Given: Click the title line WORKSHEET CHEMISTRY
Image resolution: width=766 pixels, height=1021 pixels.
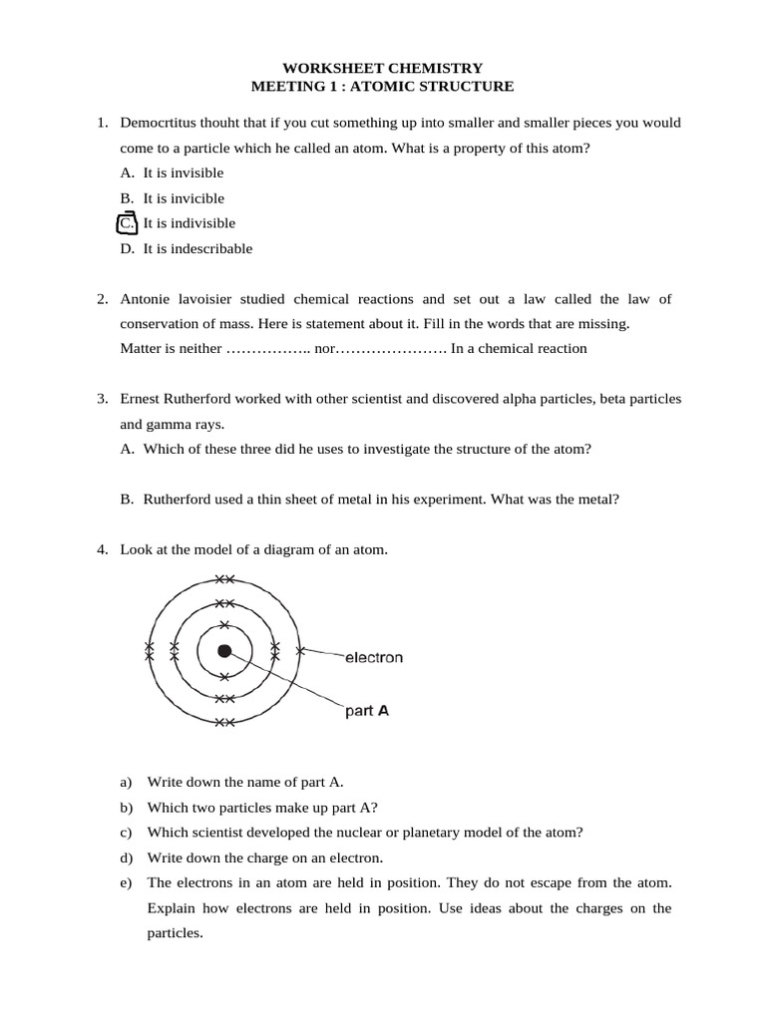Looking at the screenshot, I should click(x=383, y=68).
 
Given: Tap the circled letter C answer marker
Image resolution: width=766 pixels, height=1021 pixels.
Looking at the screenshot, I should click(x=127, y=223).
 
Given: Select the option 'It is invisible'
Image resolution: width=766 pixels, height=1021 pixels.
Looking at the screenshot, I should click(x=184, y=172).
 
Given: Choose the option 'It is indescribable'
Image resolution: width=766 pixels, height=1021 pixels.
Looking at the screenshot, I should click(x=197, y=248).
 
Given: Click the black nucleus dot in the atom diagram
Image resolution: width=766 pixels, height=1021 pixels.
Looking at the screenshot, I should click(x=224, y=651).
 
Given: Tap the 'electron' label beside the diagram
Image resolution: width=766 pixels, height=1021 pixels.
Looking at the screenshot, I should click(x=373, y=658).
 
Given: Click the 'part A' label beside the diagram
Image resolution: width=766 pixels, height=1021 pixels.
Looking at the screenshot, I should click(x=366, y=712).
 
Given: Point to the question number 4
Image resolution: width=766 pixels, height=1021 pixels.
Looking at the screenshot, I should click(x=102, y=549).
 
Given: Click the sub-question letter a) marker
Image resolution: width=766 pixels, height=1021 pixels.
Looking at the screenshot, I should click(x=126, y=782).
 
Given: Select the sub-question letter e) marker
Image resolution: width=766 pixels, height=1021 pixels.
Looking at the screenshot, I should click(x=126, y=883).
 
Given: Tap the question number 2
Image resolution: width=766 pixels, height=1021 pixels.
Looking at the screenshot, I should click(x=102, y=299).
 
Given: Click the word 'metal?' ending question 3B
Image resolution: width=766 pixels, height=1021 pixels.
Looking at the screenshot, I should click(x=597, y=500).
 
